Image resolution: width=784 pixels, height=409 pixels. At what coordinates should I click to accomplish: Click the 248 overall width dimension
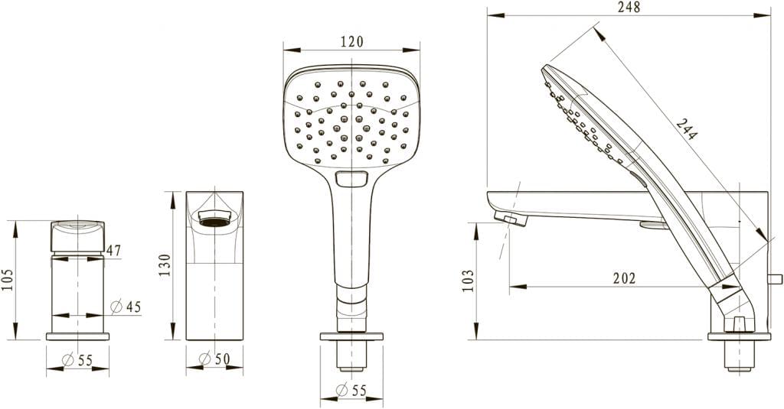629,8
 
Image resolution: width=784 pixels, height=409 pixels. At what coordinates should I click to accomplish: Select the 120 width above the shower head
351,42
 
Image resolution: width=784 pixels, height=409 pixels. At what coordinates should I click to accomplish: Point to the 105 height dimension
10,281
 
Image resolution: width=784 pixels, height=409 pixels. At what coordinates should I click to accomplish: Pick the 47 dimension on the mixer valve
113,250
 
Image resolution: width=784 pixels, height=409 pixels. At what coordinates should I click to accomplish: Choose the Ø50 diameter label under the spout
214,359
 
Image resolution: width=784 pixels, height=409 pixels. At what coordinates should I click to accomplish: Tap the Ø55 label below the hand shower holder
351,391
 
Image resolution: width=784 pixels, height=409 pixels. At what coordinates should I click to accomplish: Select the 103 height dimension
469,280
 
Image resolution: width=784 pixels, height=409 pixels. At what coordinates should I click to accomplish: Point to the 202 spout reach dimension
625,279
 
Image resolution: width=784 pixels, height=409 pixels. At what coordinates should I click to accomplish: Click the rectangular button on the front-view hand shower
351,180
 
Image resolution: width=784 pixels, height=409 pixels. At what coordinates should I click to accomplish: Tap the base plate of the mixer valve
77,336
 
